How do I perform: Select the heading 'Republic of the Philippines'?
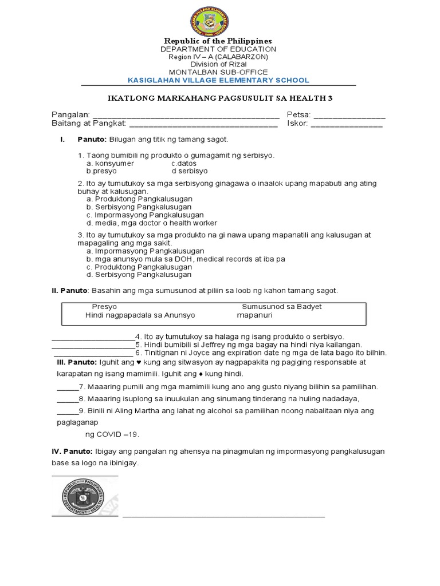coord(218,41)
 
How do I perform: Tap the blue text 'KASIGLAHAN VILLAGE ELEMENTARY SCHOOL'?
coord(218,80)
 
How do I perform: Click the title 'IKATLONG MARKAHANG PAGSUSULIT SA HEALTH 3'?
coord(218,98)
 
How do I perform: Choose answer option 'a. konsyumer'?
coord(110,163)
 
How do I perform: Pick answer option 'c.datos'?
coord(184,163)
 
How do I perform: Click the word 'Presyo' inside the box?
coord(104,307)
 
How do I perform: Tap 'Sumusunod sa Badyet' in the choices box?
coord(282,307)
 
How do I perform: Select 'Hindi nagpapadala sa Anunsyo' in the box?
coord(140,315)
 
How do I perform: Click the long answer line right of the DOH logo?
coord(223,516)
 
